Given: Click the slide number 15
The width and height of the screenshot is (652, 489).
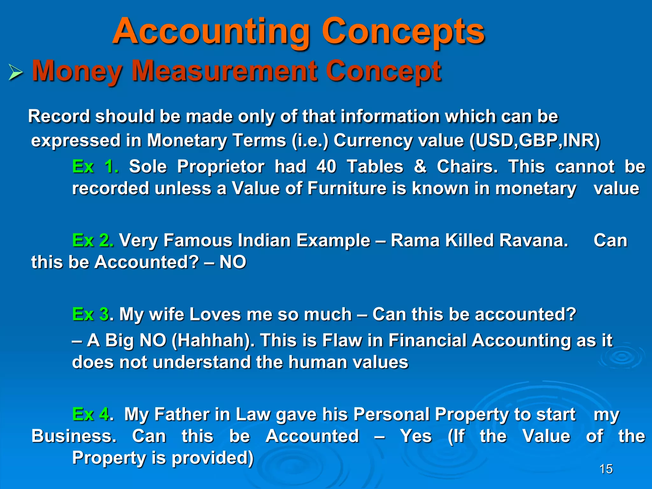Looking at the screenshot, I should point(606,469).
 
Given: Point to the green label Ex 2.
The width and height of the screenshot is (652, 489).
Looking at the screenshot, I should point(93,240).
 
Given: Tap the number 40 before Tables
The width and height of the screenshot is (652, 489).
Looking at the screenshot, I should point(326,167).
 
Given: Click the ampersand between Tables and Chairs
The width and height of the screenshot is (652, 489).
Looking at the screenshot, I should point(420,167).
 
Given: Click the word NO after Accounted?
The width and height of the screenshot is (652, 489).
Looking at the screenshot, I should point(233,262).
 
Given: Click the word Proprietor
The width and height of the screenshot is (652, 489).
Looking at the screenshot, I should point(221,167).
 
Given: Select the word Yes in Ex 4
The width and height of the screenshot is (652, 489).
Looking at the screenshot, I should point(416,436).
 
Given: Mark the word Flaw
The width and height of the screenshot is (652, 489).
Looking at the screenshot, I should point(342,340).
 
